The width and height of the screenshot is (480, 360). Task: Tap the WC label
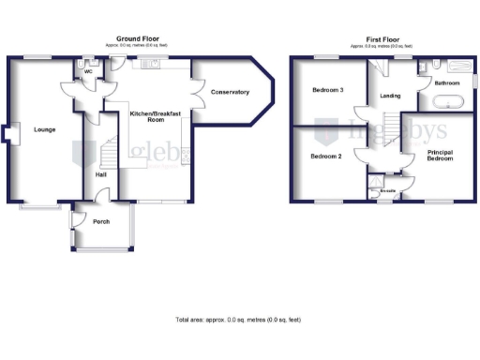click(88, 70)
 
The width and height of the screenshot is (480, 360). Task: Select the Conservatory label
click(230, 92)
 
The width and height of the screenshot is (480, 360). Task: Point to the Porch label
click(100, 222)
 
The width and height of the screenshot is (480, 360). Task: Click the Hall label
click(101, 174)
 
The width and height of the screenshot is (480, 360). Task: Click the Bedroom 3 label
click(327, 90)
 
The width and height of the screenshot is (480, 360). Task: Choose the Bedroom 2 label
click(325, 157)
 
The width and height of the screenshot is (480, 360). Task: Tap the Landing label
click(390, 96)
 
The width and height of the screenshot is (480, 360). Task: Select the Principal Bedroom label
click(440, 155)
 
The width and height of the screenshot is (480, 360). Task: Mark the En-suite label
click(387, 191)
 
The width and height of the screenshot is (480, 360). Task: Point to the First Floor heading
click(382, 38)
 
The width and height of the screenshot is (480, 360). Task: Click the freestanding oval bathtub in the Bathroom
click(445, 100)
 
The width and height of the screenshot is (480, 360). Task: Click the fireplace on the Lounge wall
click(7, 137)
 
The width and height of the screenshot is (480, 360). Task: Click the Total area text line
click(238, 320)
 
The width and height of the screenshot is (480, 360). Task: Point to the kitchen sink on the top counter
click(151, 64)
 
